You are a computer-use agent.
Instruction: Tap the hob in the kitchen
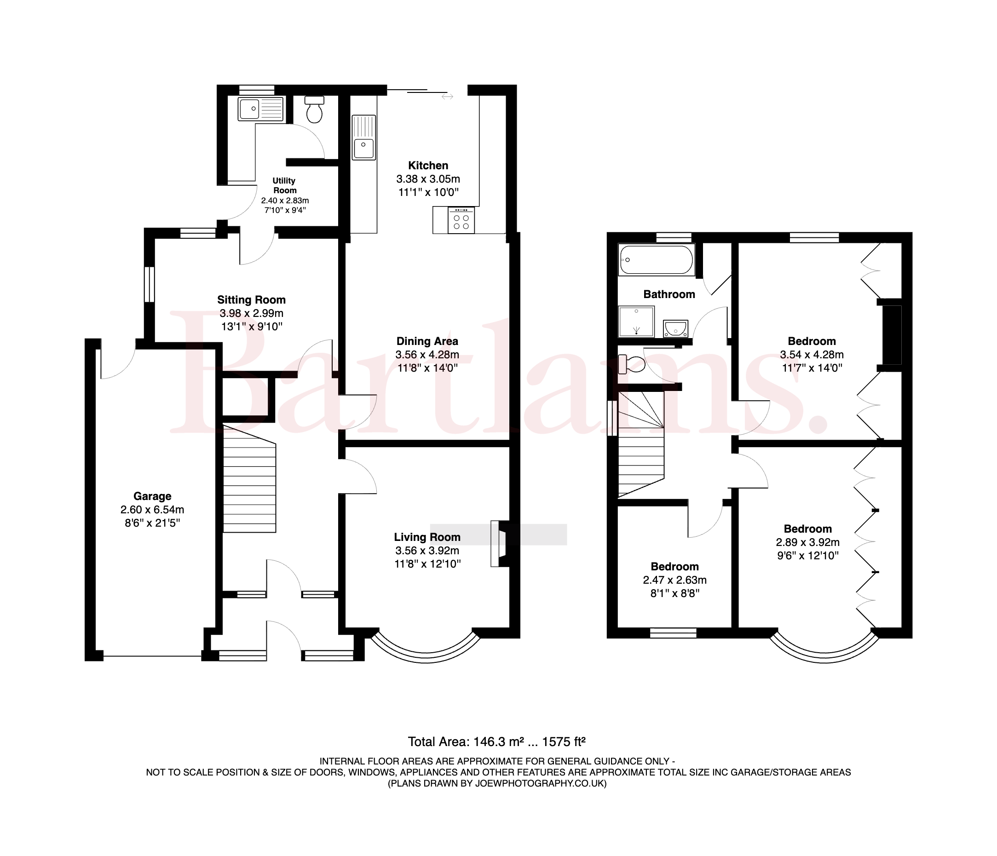(x=461, y=220)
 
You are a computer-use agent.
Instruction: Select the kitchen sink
(x=364, y=137)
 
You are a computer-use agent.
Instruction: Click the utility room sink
(x=261, y=108)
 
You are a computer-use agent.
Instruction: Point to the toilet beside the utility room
(x=314, y=109)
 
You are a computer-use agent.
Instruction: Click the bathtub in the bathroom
(x=657, y=260)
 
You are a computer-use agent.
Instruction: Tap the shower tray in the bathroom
(x=636, y=322)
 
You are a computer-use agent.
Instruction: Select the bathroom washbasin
(x=675, y=328)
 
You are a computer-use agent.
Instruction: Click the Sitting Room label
(x=251, y=300)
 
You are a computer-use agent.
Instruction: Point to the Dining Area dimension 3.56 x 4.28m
(x=427, y=355)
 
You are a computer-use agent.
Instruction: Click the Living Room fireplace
(x=500, y=543)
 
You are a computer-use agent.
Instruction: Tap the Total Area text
(x=496, y=741)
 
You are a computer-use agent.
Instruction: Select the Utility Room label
(x=284, y=185)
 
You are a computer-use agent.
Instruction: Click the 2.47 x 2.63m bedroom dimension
(x=674, y=580)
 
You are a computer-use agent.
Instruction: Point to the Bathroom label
(x=669, y=294)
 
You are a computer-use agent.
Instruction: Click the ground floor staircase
(x=249, y=478)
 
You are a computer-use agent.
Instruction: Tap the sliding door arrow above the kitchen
(x=448, y=97)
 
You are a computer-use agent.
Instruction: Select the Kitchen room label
(x=428, y=166)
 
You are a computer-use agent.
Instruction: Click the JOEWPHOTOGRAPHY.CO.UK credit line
(x=497, y=783)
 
